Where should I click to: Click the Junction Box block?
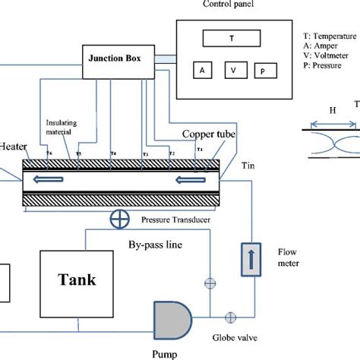point(118,60)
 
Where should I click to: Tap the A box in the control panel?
point(202,70)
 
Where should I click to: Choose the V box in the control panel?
point(233,70)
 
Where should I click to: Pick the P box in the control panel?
point(263,70)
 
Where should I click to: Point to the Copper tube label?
point(208,134)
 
